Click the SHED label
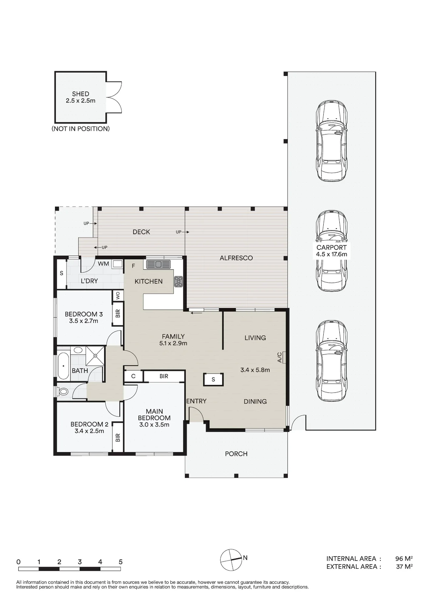click(80, 94)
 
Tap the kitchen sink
click(158, 264)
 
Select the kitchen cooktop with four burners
click(178, 282)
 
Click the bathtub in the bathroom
click(63, 365)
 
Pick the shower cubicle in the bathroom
click(95, 355)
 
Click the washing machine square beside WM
click(117, 264)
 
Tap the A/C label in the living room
click(279, 358)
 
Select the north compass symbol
click(231, 560)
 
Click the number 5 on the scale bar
click(121, 562)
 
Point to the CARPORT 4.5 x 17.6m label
click(332, 251)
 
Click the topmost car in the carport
click(332, 141)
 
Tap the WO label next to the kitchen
click(118, 295)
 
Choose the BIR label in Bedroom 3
click(118, 313)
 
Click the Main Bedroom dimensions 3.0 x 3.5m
click(154, 425)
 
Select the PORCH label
click(236, 454)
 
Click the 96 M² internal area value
click(404, 558)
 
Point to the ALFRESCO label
click(236, 258)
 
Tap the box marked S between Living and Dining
click(213, 379)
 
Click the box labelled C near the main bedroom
click(133, 376)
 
